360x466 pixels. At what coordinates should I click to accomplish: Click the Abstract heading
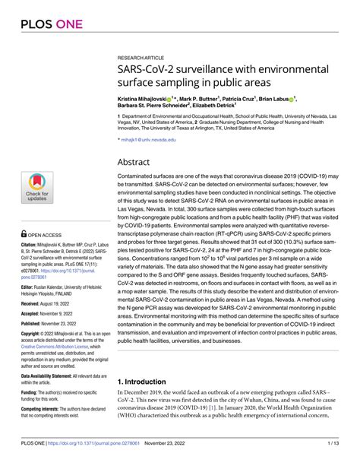tap(135, 142)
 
